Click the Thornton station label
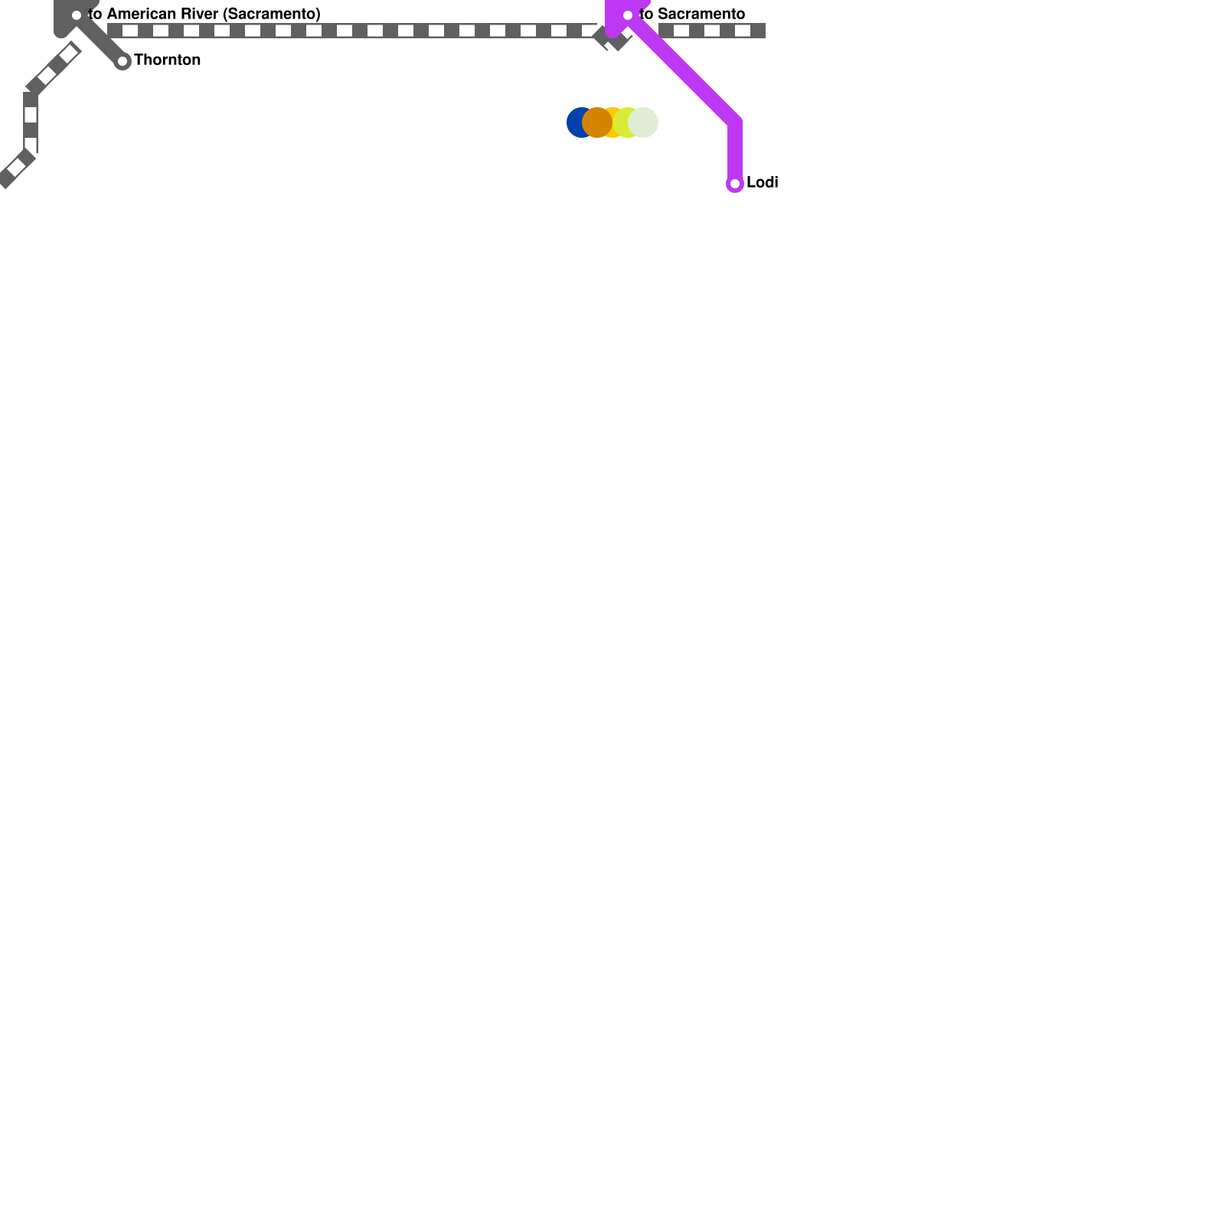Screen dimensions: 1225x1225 pyautogui.click(x=167, y=60)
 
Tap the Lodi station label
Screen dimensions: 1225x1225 pyautogui.click(x=762, y=182)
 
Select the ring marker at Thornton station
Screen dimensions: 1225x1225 pyautogui.click(x=122, y=61)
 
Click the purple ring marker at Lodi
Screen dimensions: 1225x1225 pyautogui.click(x=735, y=184)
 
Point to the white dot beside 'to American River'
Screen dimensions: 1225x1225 pyautogui.click(x=77, y=15)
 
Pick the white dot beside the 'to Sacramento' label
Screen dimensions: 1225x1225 pyautogui.click(x=628, y=15)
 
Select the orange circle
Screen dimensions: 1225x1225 pyautogui.click(x=597, y=122)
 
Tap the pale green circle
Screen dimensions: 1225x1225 pyautogui.click(x=643, y=122)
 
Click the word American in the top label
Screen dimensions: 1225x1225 pyautogui.click(x=142, y=14)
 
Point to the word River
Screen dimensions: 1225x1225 pyautogui.click(x=199, y=14)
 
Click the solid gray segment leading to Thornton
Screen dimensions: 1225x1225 pyautogui.click(x=100, y=38)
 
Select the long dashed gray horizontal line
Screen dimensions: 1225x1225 pyautogui.click(x=352, y=31)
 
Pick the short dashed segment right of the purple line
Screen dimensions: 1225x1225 pyautogui.click(x=712, y=31)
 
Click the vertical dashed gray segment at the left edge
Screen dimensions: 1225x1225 pyautogui.click(x=31, y=122)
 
